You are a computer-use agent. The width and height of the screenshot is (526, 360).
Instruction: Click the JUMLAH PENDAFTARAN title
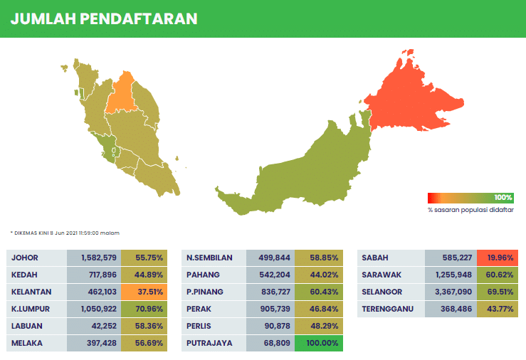[x=104, y=18]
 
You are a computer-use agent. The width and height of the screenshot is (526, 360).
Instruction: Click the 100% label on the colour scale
[x=503, y=197]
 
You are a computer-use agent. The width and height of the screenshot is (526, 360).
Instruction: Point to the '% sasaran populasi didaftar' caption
[x=470, y=210]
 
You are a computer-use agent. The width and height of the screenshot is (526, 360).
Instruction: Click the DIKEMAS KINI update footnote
[x=65, y=233]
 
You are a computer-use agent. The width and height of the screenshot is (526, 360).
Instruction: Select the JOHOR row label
[x=25, y=258]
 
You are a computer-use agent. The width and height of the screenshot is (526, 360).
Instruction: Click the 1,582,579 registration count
[x=99, y=258]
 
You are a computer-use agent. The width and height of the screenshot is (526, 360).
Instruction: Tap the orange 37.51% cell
[x=144, y=292]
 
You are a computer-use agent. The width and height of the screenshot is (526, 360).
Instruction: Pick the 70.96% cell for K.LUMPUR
[x=144, y=309]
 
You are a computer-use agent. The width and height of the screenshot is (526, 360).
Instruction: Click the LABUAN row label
[x=27, y=326]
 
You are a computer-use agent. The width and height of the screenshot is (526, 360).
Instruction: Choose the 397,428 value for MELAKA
[x=102, y=343]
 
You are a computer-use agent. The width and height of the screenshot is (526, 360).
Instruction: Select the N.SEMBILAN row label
[x=209, y=258]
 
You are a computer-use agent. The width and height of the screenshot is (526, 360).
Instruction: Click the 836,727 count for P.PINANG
[x=275, y=292]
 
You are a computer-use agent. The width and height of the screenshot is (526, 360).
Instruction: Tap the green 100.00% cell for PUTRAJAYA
[x=319, y=343]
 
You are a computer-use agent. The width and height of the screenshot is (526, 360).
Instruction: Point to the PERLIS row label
[x=199, y=326]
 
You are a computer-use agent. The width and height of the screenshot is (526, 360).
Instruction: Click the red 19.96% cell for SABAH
[x=498, y=258]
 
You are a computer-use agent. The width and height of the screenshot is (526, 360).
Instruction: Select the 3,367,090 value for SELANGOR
[x=453, y=292]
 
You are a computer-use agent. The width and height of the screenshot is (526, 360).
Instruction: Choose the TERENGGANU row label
[x=387, y=309]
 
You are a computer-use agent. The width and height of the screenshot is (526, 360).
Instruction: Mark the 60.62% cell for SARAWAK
[x=498, y=275]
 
